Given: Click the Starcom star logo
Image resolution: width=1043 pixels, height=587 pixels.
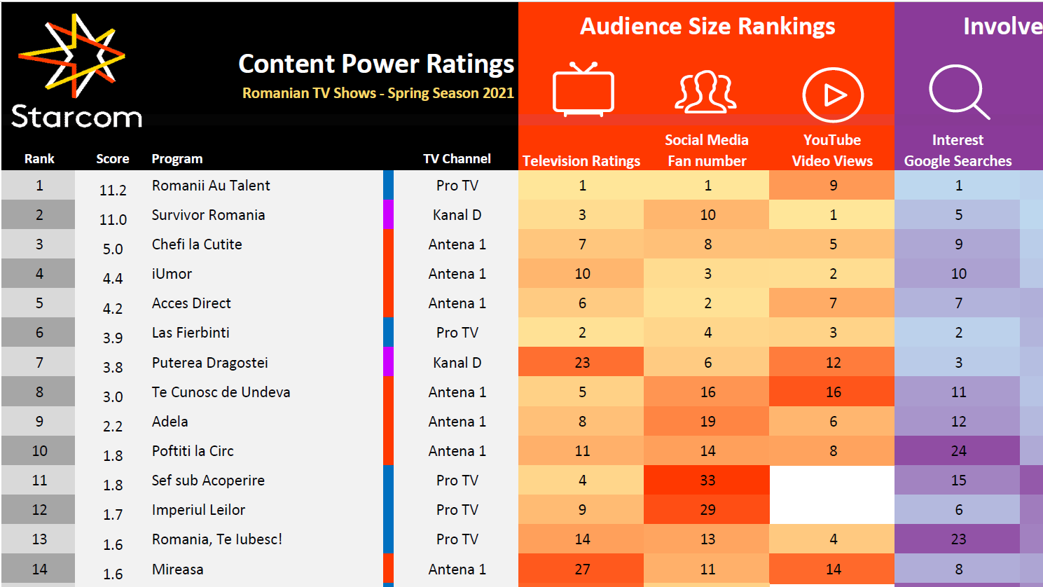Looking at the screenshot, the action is coord(71,56).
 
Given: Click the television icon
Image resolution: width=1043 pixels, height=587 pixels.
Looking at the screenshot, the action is coord(583,90).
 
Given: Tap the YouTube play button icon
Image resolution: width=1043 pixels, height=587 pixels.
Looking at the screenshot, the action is coord(833,95).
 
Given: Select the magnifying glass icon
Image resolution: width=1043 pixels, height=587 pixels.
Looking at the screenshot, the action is coord(959,92).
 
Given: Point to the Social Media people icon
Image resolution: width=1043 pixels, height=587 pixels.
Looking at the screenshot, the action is coord(706,92).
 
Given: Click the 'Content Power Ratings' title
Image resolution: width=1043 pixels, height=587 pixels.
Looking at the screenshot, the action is coord(376,64).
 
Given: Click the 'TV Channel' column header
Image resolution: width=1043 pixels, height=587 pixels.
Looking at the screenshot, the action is coord(457,159).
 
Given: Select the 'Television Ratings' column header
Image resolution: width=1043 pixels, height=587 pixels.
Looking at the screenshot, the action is coord(581,161).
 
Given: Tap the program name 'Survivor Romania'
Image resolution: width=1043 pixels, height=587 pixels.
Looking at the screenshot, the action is coord(208,215).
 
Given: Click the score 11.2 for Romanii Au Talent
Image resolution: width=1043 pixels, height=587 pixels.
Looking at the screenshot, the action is coord(113,190).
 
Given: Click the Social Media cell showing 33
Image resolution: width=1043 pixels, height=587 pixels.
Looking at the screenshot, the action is coord(707,480).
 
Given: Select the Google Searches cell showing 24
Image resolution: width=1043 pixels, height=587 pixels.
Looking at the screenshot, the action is coord(958,450).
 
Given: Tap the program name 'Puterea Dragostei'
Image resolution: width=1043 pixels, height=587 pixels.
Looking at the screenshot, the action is coord(209,363).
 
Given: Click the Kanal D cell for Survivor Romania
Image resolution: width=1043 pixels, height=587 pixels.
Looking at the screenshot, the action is coord(457,215).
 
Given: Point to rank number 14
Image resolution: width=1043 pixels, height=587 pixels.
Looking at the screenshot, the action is coord(40,569).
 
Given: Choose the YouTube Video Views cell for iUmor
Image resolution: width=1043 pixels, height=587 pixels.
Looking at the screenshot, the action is coord(832,273).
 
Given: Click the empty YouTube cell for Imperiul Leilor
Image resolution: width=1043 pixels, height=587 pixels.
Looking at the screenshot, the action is coord(832,509).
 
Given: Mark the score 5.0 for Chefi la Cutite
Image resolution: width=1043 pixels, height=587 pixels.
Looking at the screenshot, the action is coord(113,249).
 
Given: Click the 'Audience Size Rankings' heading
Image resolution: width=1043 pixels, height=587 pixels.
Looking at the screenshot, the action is coord(707,27).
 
